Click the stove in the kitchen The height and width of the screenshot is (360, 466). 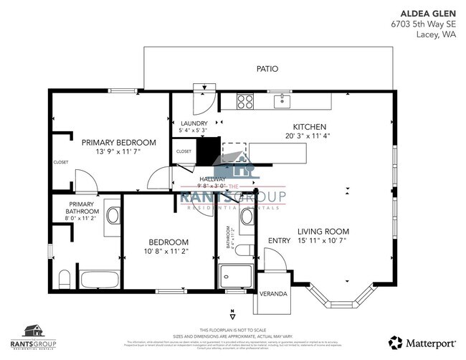[244, 101]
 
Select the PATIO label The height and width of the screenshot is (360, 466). [267, 69]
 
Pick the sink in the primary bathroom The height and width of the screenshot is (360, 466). [112, 215]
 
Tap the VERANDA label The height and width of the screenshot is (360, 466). [273, 294]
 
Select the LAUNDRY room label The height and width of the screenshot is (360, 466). [194, 123]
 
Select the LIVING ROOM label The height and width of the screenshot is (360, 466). [323, 231]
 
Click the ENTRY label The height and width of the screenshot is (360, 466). [278, 241]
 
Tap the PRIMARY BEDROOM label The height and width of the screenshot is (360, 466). [118, 142]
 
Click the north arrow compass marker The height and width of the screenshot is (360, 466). [233, 314]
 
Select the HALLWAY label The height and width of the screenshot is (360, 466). [213, 179]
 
